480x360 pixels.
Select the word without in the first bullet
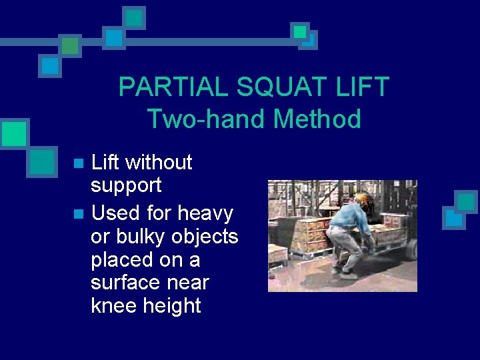tap(159, 162)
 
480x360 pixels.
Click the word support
tap(126, 185)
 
